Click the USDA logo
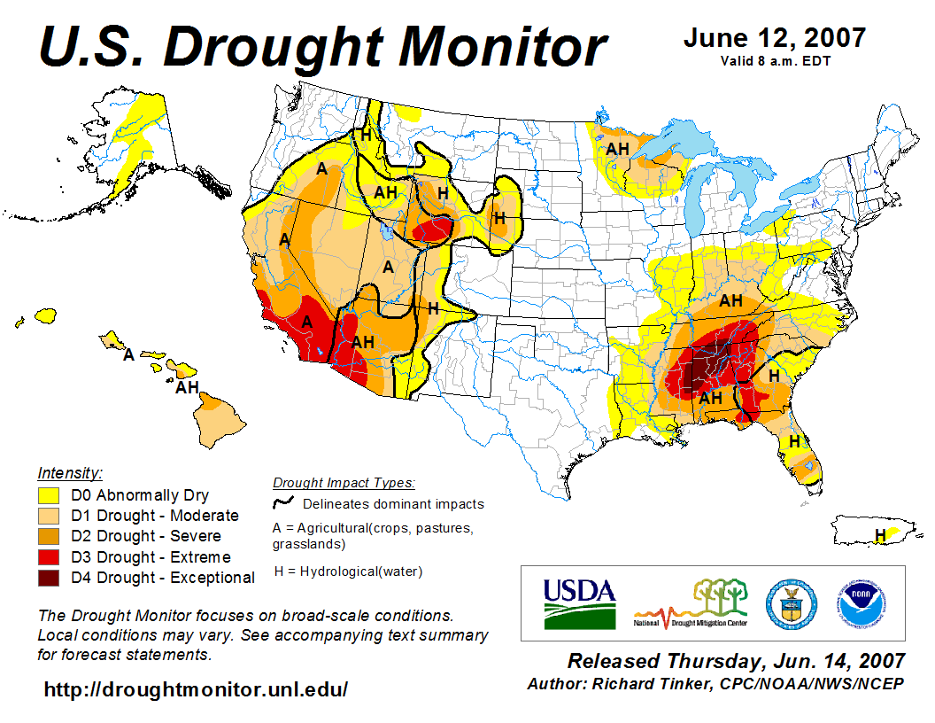click(x=579, y=602)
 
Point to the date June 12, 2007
click(x=775, y=39)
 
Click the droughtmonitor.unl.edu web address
click(x=196, y=689)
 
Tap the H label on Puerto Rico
click(x=880, y=534)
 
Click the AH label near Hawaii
click(x=187, y=387)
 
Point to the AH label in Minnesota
click(x=617, y=149)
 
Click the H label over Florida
click(x=794, y=440)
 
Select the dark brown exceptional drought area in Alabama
click(x=705, y=369)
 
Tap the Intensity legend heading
click(x=70, y=472)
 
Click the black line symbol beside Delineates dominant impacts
click(x=284, y=503)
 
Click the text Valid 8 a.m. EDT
click(x=775, y=61)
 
